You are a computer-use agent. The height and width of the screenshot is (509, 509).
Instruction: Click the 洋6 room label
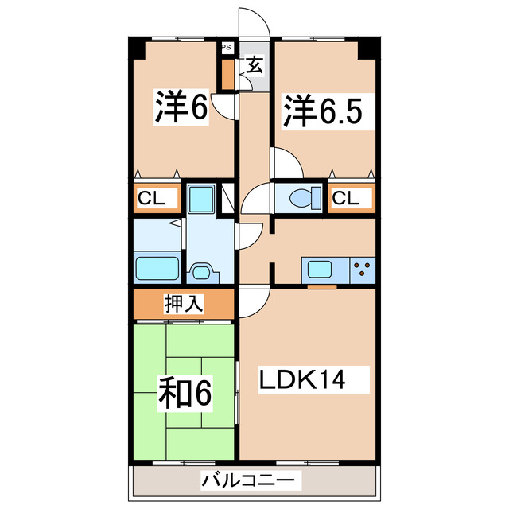181,109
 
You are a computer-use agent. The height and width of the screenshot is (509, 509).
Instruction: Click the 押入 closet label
184,303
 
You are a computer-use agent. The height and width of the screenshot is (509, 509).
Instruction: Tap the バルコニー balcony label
252,480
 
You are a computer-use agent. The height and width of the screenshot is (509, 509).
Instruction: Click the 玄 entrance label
254,66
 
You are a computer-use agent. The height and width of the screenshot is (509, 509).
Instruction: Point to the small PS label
227,47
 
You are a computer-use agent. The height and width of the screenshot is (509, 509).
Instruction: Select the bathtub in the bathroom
158,268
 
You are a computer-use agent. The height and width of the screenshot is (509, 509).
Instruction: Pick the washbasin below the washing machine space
204,272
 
